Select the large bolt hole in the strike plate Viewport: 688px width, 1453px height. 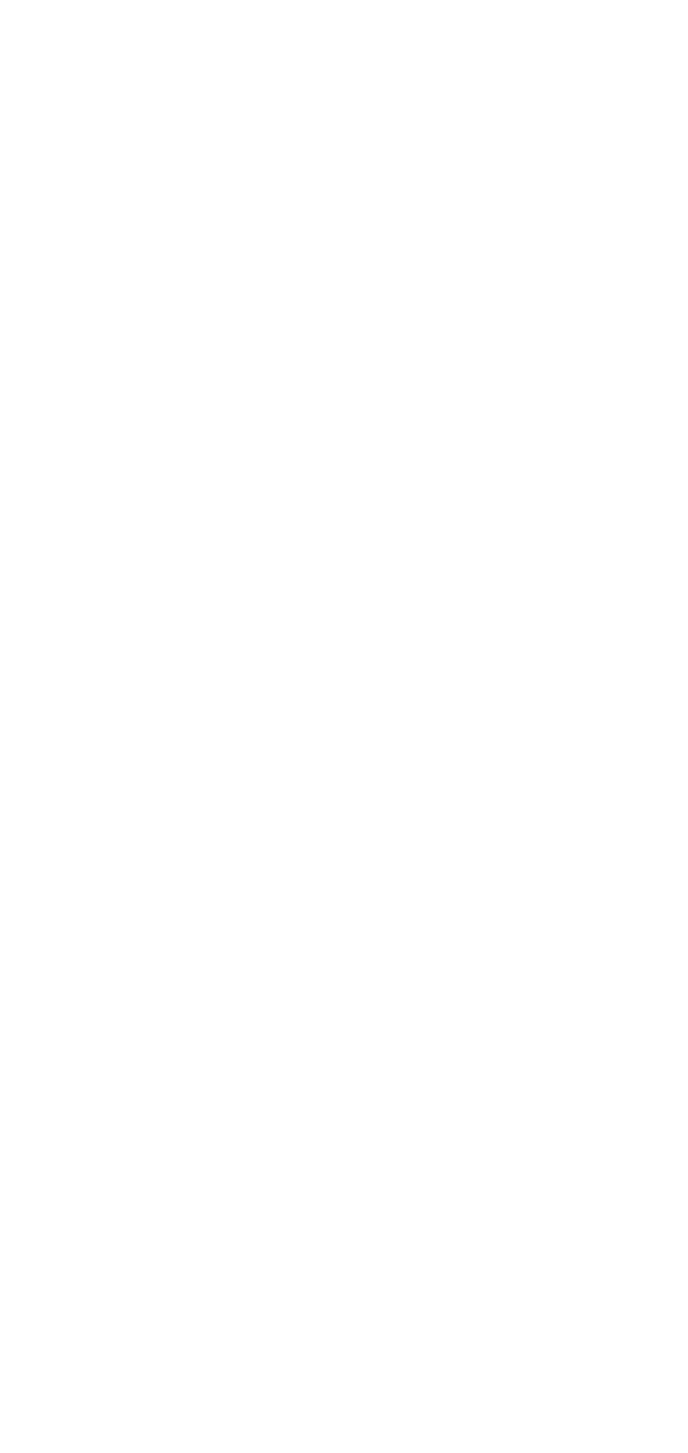[x=526, y=488]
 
